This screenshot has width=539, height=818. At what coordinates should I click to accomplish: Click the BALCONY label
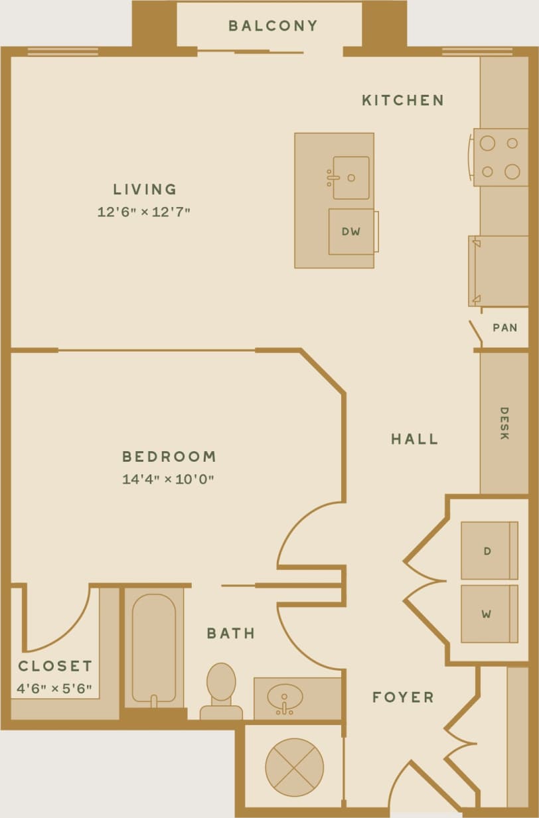(273, 26)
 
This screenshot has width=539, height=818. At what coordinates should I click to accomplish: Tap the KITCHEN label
(402, 100)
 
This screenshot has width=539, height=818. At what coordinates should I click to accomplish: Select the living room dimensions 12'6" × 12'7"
(144, 212)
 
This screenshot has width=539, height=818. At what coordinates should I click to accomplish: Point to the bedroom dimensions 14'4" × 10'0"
(168, 479)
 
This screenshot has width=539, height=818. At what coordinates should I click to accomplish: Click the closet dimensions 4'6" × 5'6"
(54, 688)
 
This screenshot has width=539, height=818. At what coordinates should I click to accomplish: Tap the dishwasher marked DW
(350, 232)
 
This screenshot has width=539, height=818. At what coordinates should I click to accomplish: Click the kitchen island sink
(350, 178)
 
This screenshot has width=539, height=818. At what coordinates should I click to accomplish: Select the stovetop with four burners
(500, 157)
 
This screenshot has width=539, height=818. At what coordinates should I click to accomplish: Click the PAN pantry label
(504, 328)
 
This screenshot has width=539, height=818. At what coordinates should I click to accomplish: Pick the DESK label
(504, 423)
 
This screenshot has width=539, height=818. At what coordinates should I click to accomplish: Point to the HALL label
(414, 439)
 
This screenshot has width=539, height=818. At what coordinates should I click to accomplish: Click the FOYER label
(402, 697)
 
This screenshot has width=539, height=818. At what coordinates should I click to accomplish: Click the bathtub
(153, 646)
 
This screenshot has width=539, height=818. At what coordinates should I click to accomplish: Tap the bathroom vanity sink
(285, 697)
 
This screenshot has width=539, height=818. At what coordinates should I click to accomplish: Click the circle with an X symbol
(294, 767)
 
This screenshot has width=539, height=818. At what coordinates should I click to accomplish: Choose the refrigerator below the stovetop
(498, 271)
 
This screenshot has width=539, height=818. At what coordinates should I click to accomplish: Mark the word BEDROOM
(169, 456)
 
